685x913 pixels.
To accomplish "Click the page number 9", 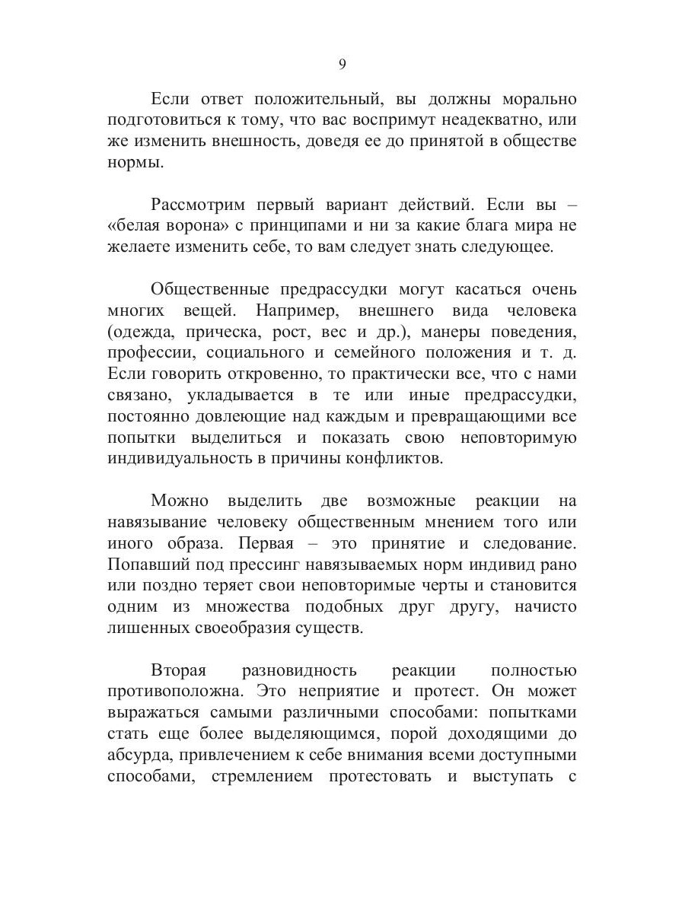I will click(342, 65).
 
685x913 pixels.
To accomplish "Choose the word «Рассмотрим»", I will click(196, 205).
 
